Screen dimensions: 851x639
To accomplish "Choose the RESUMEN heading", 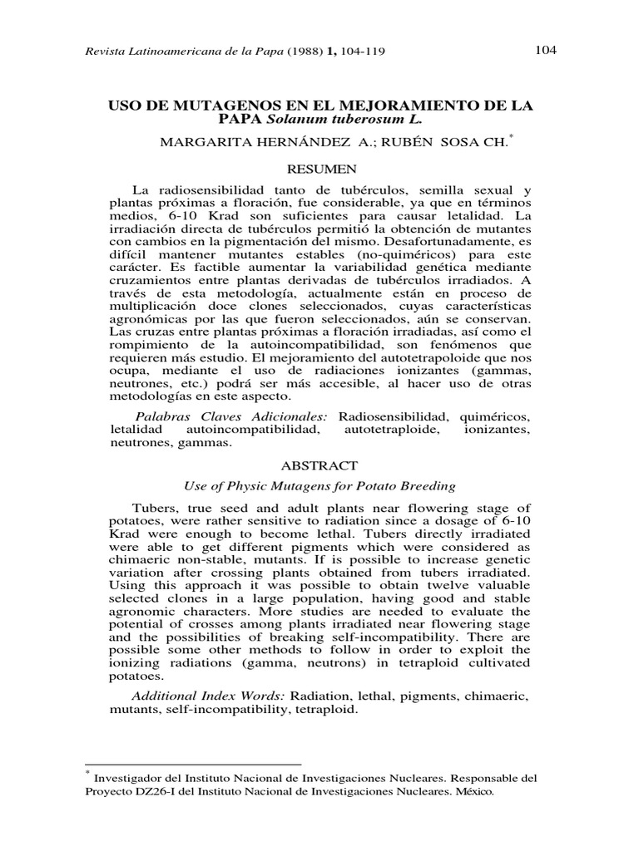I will coord(319,170).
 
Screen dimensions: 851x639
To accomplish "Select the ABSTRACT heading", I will coord(319,466).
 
